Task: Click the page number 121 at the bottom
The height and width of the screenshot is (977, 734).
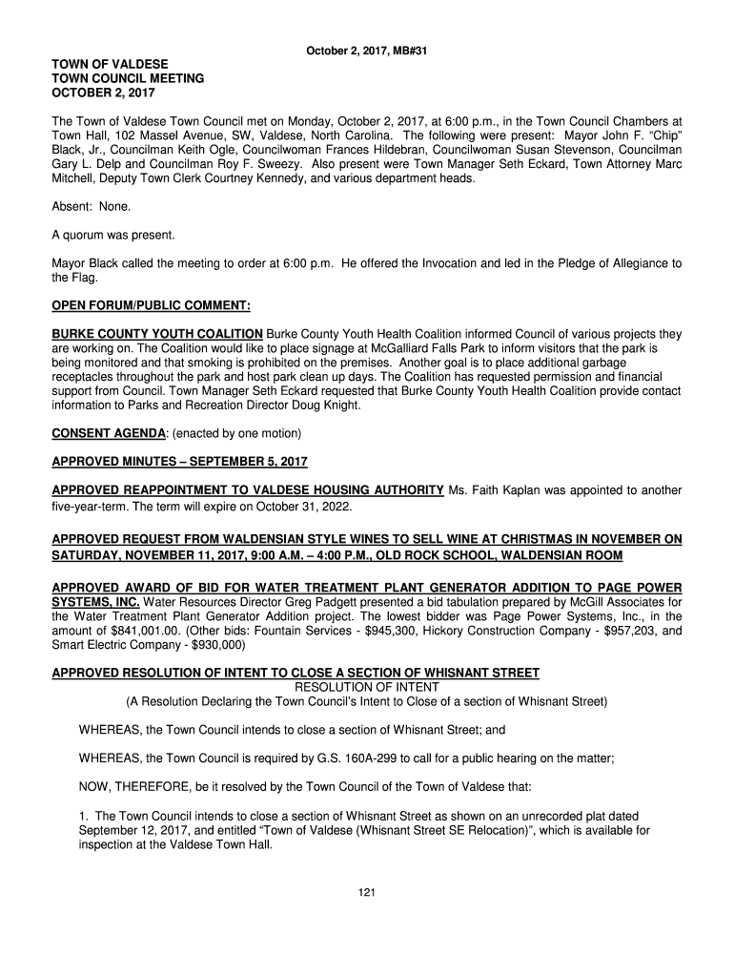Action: pos(366,892)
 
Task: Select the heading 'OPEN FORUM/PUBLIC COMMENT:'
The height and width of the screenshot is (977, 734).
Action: pos(151,306)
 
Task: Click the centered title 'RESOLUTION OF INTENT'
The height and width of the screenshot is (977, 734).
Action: pos(367,687)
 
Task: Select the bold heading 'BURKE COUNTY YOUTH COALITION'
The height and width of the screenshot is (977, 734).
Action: pos(157,334)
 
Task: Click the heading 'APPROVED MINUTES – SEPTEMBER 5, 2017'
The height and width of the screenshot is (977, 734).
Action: pos(179,462)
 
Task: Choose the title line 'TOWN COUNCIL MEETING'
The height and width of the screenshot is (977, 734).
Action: pos(128,78)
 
